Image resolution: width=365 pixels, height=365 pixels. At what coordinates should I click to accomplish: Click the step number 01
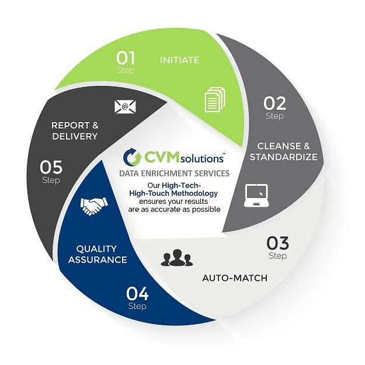click(126, 58)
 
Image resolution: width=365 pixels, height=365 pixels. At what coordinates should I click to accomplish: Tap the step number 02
click(274, 103)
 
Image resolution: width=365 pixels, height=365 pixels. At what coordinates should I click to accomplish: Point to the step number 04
click(137, 293)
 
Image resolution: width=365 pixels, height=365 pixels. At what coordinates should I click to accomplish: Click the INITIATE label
click(180, 60)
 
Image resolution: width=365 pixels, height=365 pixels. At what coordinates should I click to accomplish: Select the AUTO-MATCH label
click(235, 277)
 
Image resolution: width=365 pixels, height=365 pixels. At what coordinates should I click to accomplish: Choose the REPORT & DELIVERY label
click(74, 131)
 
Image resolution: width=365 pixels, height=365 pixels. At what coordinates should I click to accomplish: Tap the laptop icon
click(255, 196)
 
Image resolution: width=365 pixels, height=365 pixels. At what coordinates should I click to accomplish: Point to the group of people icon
click(176, 258)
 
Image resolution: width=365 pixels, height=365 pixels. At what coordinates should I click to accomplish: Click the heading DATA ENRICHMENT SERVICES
click(173, 174)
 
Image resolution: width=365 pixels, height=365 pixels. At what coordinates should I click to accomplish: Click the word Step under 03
click(278, 255)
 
